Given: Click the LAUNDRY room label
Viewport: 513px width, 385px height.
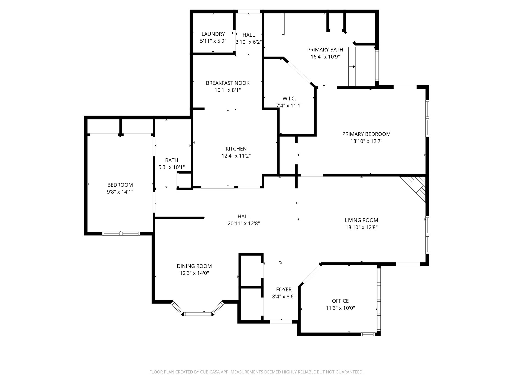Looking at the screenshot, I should pyautogui.click(x=213, y=34).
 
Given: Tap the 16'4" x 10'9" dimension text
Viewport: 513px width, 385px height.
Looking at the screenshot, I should pyautogui.click(x=325, y=57).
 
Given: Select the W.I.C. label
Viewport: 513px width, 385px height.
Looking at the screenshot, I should pyautogui.click(x=289, y=99).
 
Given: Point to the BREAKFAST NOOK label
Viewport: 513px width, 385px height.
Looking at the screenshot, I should pyautogui.click(x=227, y=83).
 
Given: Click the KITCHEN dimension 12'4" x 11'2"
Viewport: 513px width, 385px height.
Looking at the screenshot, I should pyautogui.click(x=236, y=156).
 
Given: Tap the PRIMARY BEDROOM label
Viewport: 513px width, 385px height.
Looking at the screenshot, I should pyautogui.click(x=366, y=134).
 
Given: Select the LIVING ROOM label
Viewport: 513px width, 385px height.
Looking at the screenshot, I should pyautogui.click(x=361, y=220).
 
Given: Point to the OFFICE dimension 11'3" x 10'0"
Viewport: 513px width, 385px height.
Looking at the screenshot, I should pyautogui.click(x=340, y=308).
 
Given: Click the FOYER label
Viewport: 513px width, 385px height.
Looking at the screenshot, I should pyautogui.click(x=284, y=290).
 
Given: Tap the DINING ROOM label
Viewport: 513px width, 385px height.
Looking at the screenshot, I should pyautogui.click(x=194, y=266).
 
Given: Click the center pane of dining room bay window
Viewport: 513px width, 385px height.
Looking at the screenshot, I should pyautogui.click(x=198, y=314).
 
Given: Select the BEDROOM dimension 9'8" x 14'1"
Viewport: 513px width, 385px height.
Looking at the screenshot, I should pyautogui.click(x=120, y=192).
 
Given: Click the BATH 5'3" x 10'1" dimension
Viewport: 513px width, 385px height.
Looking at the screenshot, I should pyautogui.click(x=172, y=167).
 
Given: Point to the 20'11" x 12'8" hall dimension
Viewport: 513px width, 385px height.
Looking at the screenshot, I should pyautogui.click(x=243, y=223).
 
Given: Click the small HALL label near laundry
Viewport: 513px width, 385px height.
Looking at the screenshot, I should pyautogui.click(x=248, y=35).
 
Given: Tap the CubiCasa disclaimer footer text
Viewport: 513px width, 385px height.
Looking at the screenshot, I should pyautogui.click(x=256, y=372).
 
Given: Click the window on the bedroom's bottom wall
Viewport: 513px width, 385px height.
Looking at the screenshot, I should pyautogui.click(x=121, y=234).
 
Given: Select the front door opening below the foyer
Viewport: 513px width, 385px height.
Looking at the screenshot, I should pyautogui.click(x=281, y=322).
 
